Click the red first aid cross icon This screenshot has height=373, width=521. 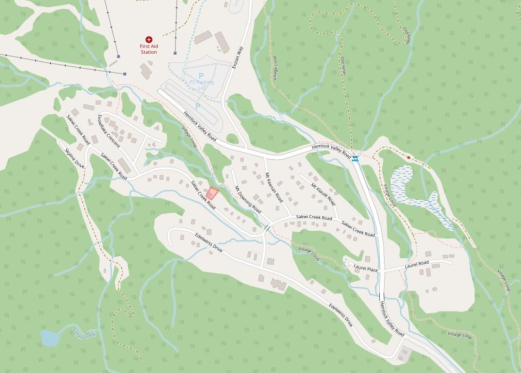pyautogui.click(x=149, y=40)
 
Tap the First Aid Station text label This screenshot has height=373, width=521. pyautogui.click(x=149, y=49)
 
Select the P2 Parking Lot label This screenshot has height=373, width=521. pyautogui.click(x=201, y=85)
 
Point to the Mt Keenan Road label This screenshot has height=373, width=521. pyautogui.click(x=274, y=187)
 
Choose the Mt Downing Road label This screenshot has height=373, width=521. pyautogui.click(x=248, y=199)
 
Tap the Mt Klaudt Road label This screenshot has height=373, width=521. pyautogui.click(x=323, y=193)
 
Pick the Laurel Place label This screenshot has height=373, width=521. pyautogui.click(x=365, y=267)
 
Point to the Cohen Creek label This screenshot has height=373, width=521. pyautogui.click(x=84, y=333)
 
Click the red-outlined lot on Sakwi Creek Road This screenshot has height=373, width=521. pyautogui.click(x=212, y=194)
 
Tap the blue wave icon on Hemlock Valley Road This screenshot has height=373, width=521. pyautogui.click(x=356, y=159)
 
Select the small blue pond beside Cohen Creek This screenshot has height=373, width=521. pyautogui.click(x=50, y=338)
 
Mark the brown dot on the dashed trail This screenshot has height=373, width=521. pyautogui.click(x=409, y=157)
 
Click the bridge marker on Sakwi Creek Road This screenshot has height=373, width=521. pyautogui.click(x=267, y=228)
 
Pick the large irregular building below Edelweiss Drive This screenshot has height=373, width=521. pyautogui.click(x=278, y=283)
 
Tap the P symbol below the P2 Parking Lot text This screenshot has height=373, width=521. pyautogui.click(x=197, y=105)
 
